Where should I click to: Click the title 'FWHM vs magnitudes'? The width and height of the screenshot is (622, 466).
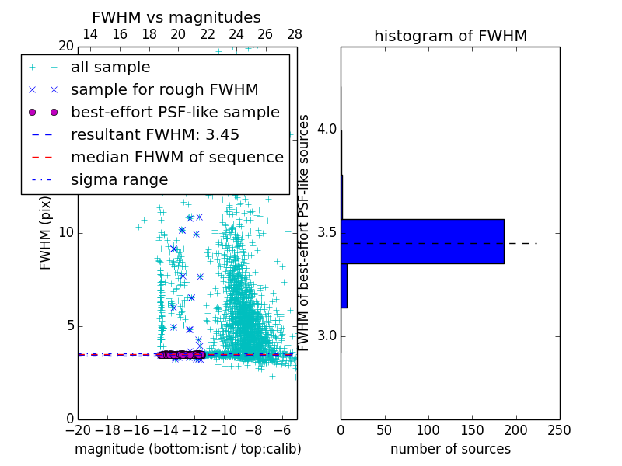pyautogui.click(x=176, y=17)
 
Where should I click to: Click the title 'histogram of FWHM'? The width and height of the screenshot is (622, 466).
pyautogui.click(x=450, y=36)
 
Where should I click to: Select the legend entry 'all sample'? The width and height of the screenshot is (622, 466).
pyautogui.click(x=110, y=68)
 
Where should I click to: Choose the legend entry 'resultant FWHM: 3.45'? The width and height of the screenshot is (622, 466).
pyautogui.click(x=155, y=134)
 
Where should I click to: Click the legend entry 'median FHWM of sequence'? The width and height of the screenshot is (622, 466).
pyautogui.click(x=176, y=157)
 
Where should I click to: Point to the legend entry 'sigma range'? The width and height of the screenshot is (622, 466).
pyautogui.click(x=119, y=179)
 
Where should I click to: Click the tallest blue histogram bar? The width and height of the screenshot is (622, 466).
pyautogui.click(x=422, y=241)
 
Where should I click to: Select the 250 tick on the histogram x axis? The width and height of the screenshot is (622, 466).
pyautogui.click(x=559, y=429)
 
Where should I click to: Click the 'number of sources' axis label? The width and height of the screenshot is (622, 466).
pyautogui.click(x=450, y=449)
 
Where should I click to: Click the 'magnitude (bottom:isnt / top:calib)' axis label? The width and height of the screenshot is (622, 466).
pyautogui.click(x=187, y=449)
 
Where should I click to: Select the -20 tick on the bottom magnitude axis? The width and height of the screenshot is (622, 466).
pyautogui.click(x=78, y=429)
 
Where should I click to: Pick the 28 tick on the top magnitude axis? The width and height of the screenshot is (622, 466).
pyautogui.click(x=294, y=34)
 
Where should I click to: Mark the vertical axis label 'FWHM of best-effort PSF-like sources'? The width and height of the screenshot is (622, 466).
pyautogui.click(x=305, y=233)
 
